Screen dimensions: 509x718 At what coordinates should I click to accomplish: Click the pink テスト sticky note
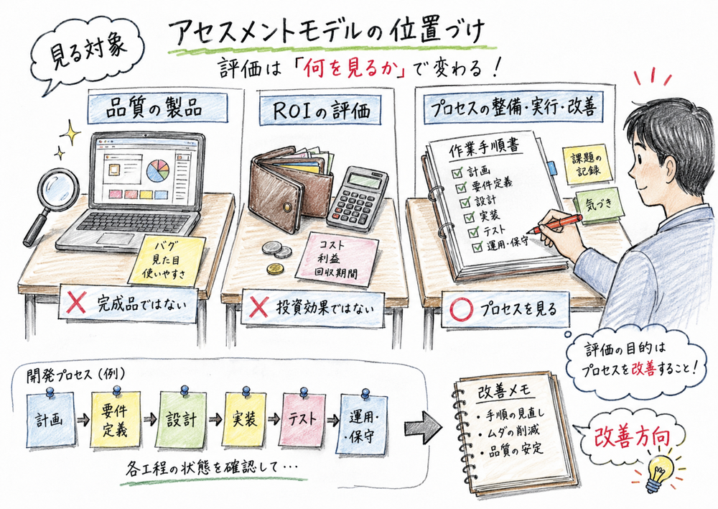[302, 418]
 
